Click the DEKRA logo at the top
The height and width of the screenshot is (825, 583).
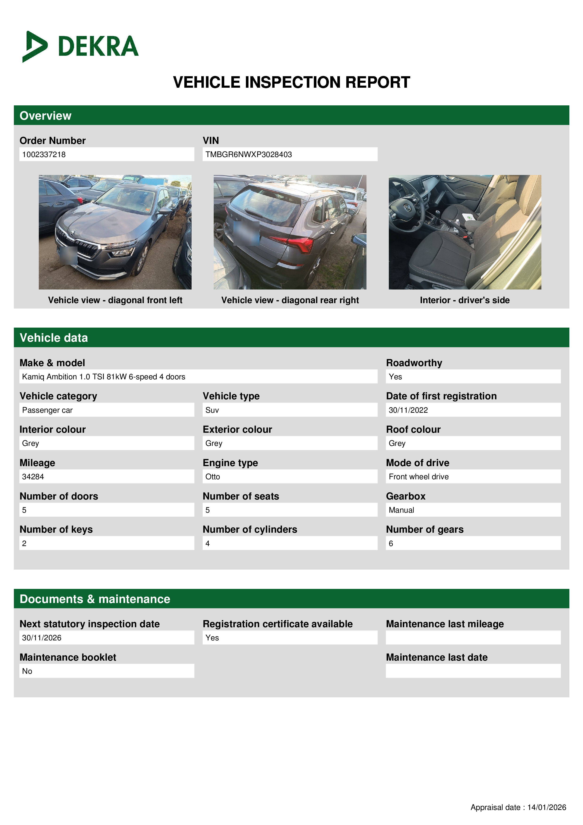point(80,46)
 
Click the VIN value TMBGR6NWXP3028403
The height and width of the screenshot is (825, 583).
point(248,155)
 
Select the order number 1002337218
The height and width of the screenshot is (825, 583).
point(44,155)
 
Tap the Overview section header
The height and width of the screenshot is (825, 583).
point(46,116)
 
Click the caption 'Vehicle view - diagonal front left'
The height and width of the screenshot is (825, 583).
point(115,300)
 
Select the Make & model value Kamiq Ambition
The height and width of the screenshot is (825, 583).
point(103,377)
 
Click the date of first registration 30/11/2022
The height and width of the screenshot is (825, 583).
point(408,410)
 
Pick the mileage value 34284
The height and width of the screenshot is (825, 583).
point(33,476)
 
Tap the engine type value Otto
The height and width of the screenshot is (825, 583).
point(213,476)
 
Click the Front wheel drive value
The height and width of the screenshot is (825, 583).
point(418,476)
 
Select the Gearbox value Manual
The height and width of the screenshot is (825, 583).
point(401,510)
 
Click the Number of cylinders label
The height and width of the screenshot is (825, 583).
point(250,529)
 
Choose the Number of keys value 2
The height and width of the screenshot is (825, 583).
point(24,543)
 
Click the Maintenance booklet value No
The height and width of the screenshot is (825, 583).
point(27,671)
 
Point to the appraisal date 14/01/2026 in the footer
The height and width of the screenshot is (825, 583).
point(546,807)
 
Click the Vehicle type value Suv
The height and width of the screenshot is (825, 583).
point(212,410)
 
